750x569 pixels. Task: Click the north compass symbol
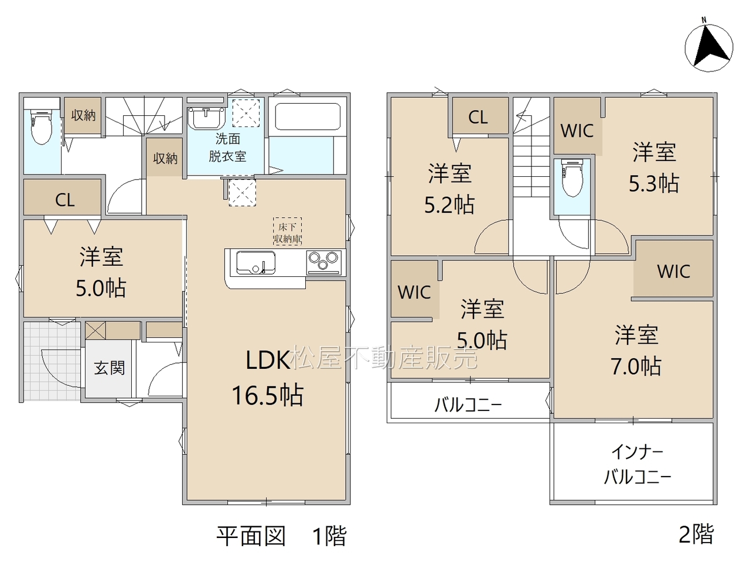tap(709, 48)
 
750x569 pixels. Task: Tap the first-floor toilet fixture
tap(42, 126)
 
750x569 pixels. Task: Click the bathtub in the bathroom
tap(308, 116)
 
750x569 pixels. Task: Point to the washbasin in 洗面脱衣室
tap(207, 118)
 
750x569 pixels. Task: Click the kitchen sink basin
tap(256, 263)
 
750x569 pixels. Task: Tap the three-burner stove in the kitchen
tap(324, 262)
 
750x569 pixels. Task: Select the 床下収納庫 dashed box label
tap(287, 231)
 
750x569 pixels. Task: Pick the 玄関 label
tap(110, 368)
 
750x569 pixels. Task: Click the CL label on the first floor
tap(65, 200)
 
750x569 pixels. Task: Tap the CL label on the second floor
tap(478, 118)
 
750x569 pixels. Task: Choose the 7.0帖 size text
tap(636, 366)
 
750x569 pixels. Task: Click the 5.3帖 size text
tap(654, 183)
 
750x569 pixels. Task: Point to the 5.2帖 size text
tap(449, 204)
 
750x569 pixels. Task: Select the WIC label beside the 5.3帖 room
tap(577, 131)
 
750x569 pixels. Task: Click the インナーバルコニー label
tap(637, 465)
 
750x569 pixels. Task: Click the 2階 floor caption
tap(696, 534)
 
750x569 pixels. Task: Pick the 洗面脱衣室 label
tap(227, 148)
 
